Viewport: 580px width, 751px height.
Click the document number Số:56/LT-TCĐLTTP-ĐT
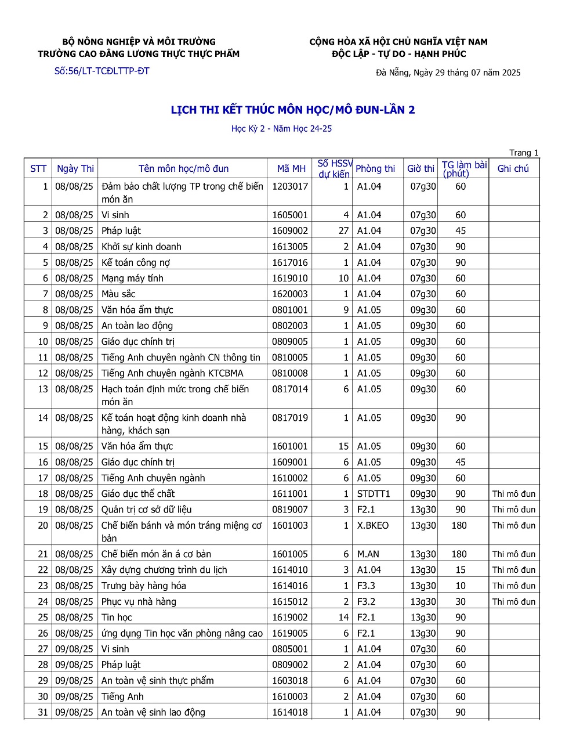pyautogui.click(x=102, y=71)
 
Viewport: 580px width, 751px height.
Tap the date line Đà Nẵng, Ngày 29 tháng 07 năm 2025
pyautogui.click(x=448, y=73)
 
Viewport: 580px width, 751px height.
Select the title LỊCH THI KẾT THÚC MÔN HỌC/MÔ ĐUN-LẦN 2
pyautogui.click(x=293, y=110)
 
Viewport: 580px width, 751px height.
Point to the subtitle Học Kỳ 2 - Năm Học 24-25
pyautogui.click(x=281, y=129)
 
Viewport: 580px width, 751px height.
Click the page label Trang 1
pyautogui.click(x=524, y=153)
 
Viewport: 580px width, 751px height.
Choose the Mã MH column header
pyautogui.click(x=291, y=168)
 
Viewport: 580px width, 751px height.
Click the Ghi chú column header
pyautogui.click(x=513, y=168)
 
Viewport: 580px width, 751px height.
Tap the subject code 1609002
pyautogui.click(x=290, y=230)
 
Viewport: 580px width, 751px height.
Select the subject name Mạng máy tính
pyautogui.click(x=132, y=278)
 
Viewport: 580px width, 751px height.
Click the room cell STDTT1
pyautogui.click(x=374, y=494)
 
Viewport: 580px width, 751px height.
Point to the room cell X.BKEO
pyautogui.click(x=373, y=525)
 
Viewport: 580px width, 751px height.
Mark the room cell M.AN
pyautogui.click(x=368, y=554)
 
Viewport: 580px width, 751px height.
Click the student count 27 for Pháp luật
pyautogui.click(x=343, y=230)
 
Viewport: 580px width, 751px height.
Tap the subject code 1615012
pyautogui.click(x=290, y=602)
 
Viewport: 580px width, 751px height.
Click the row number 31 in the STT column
pyautogui.click(x=43, y=712)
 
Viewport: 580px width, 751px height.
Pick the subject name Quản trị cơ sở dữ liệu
pyautogui.click(x=146, y=510)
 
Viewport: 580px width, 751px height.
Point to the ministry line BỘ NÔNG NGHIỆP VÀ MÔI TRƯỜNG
pyautogui.click(x=139, y=42)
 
